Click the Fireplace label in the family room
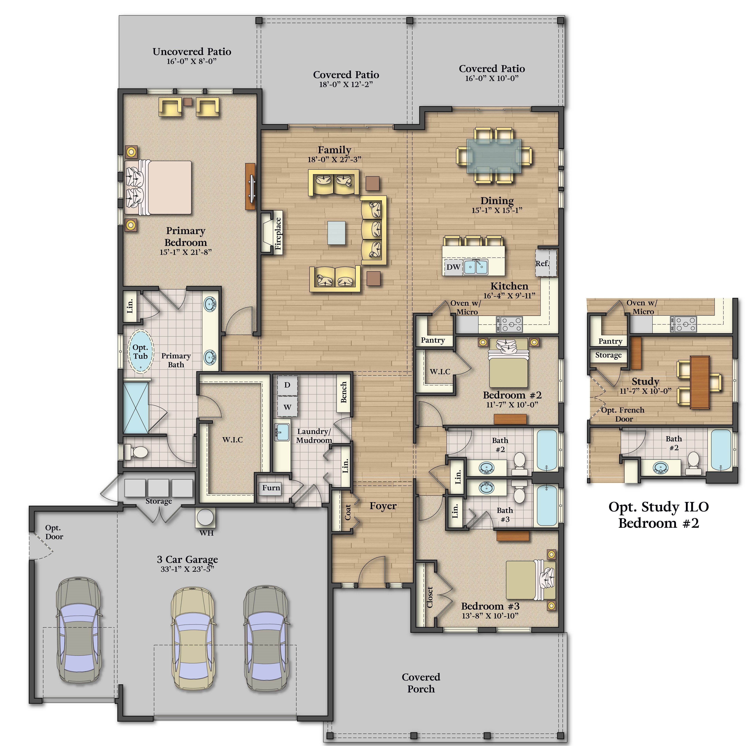pos(278,234)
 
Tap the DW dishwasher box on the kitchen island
pos(454,267)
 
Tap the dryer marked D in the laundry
pos(287,385)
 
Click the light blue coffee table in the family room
pos(337,233)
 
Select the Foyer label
pos(383,506)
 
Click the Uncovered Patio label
pos(192,52)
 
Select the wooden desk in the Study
pos(700,382)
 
